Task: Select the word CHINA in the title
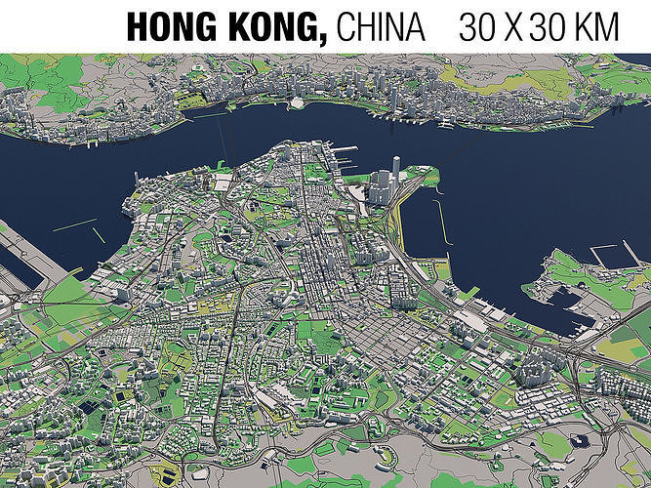382,25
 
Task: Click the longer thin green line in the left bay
74,224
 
